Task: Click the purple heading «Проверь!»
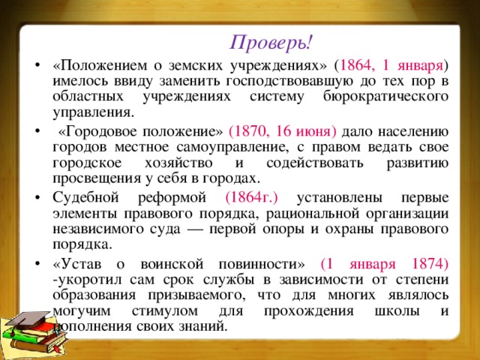point(271,43)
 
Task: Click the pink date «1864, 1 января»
point(391,66)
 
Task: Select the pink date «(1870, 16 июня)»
point(283,132)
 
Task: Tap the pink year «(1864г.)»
point(252,198)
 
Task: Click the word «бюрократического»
point(385,97)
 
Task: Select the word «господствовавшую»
point(290,82)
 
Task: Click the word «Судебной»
point(85,197)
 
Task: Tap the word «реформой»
point(172,198)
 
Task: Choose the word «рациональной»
point(313,213)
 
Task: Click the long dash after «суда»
point(195,229)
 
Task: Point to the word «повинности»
point(259,264)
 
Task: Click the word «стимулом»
point(165,311)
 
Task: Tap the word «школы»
point(397,311)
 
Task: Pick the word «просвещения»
point(97,178)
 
